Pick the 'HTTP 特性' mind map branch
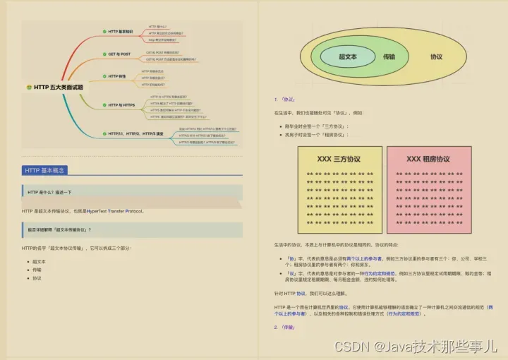tap(117, 76)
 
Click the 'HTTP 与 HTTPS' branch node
tap(121, 104)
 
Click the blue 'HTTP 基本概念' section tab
tap(44, 170)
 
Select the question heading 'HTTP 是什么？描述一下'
tap(49, 192)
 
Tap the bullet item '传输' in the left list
tap(37, 270)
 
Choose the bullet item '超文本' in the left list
tap(39, 261)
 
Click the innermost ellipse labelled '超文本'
tap(347, 56)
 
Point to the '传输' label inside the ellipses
tap(389, 56)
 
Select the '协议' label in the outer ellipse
tap(437, 56)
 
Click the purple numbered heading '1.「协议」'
tap(286, 100)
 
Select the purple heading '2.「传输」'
tap(286, 328)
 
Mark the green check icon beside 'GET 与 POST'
tap(104, 54)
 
